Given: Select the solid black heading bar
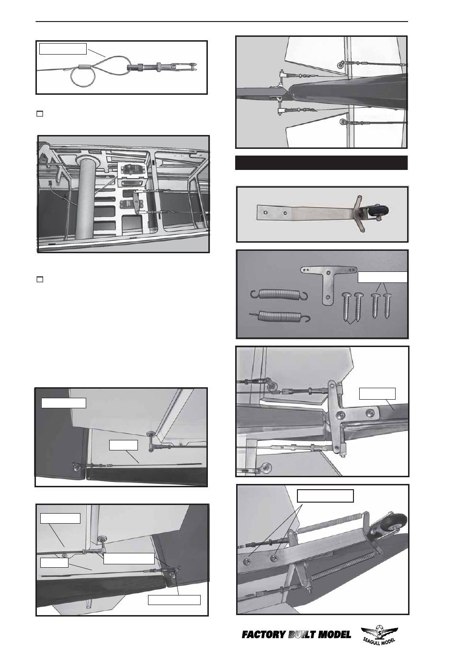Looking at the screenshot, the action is pyautogui.click(x=321, y=162).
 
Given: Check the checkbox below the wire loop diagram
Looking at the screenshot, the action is pyautogui.click(x=40, y=114).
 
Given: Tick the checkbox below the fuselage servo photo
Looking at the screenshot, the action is pyautogui.click(x=40, y=279).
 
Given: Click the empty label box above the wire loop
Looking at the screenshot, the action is pyautogui.click(x=63, y=48).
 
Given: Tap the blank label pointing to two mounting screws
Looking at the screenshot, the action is pyautogui.click(x=325, y=496).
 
